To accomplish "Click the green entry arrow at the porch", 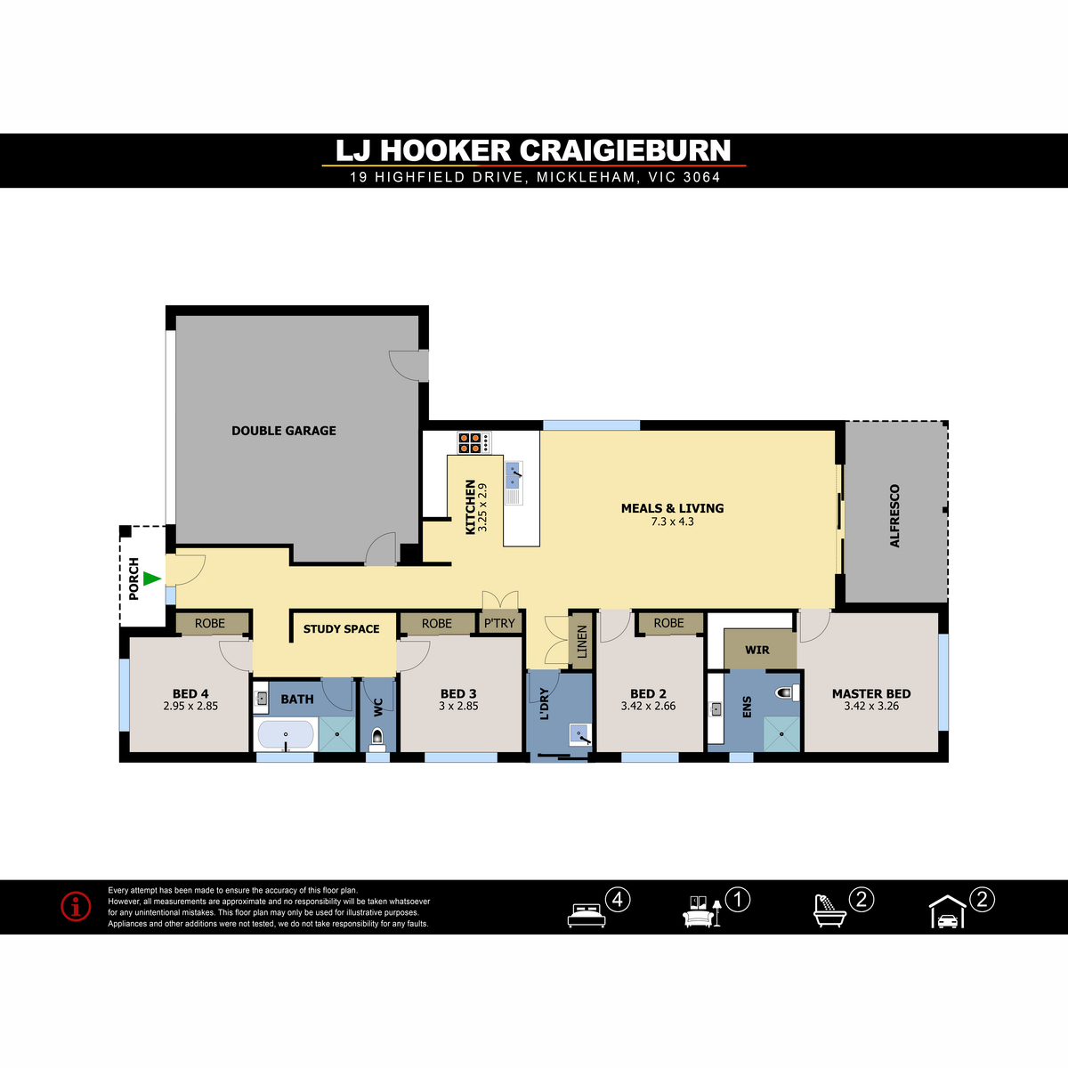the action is point(151,578).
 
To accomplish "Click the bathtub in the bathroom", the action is point(286,734).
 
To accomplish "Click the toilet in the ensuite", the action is point(787,692).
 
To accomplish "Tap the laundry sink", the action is point(580,734).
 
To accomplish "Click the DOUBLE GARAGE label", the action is point(284,431).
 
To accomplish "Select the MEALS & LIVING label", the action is point(672,508).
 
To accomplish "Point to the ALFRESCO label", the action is point(894,516).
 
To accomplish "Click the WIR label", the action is point(757,650).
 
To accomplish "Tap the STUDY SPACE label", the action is point(342,629).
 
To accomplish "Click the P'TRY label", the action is point(499,624).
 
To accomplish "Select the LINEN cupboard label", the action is point(582,642).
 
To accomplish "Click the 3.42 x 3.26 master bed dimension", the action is point(871,706).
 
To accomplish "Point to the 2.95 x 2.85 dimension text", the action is point(190,706).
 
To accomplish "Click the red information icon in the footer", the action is point(76,907).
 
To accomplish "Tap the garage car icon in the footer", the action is point(948,911).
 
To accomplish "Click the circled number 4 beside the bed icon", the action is point(618,900).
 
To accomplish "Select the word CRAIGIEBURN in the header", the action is point(625,150).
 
